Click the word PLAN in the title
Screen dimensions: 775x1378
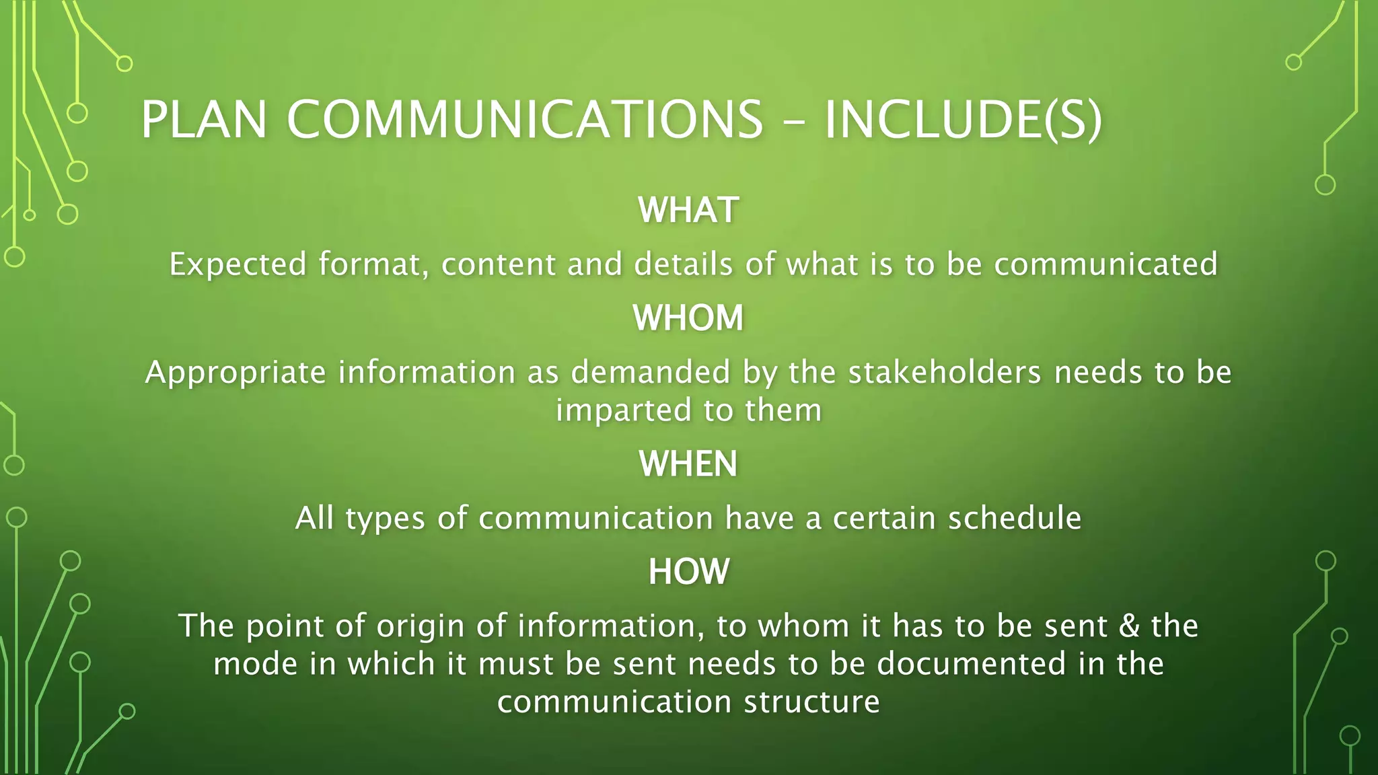pos(204,120)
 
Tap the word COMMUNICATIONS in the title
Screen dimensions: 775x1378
pos(525,120)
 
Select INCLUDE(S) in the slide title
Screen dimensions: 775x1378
pos(963,120)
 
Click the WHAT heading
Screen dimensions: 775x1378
pos(688,210)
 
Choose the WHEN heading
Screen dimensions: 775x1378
pos(688,464)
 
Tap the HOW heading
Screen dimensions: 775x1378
pos(688,571)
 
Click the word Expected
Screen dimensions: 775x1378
pos(238,264)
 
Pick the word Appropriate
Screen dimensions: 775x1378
pos(236,372)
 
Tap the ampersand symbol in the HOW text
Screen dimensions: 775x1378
pos(1128,626)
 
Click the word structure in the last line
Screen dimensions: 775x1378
pos(812,702)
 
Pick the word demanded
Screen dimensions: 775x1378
pos(651,372)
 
